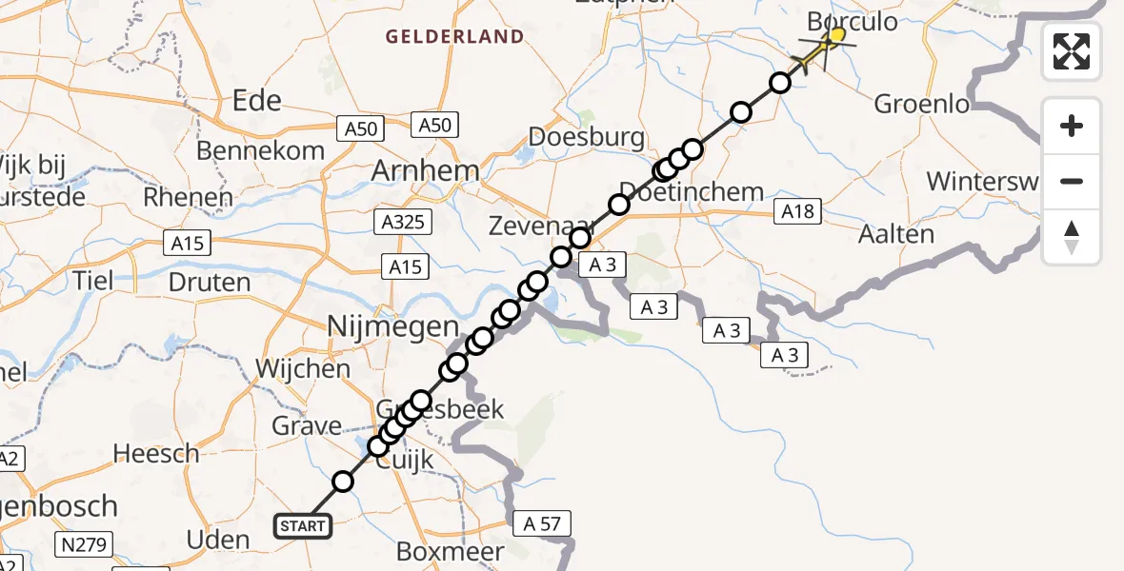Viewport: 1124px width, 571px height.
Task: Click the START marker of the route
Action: pyautogui.click(x=303, y=525)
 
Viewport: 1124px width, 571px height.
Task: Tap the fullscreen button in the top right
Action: pyautogui.click(x=1072, y=51)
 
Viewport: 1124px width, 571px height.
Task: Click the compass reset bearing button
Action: pyautogui.click(x=1072, y=237)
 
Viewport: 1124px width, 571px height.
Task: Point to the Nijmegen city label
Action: pyautogui.click(x=392, y=327)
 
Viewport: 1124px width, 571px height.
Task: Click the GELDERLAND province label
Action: pyautogui.click(x=454, y=37)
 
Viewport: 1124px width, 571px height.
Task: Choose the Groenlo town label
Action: pyautogui.click(x=921, y=104)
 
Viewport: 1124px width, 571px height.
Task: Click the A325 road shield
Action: pyautogui.click(x=403, y=223)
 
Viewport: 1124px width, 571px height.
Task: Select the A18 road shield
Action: pyautogui.click(x=797, y=211)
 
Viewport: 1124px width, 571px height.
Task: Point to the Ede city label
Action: pyautogui.click(x=257, y=101)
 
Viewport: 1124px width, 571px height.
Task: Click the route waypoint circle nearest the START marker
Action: pyautogui.click(x=343, y=482)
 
